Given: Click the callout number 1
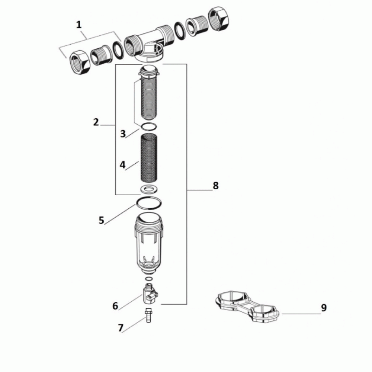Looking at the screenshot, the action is pyautogui.click(x=79, y=25).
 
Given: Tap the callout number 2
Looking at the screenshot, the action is pyautogui.click(x=96, y=122).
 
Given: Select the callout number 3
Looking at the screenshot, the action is pyautogui.click(x=123, y=134).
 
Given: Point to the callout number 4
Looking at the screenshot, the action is pyautogui.click(x=122, y=165).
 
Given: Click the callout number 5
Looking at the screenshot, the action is pyautogui.click(x=101, y=220).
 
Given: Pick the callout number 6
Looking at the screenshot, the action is pyautogui.click(x=115, y=306).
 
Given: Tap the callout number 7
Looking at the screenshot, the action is pyautogui.click(x=121, y=328).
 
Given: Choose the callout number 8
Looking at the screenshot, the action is pyautogui.click(x=215, y=186).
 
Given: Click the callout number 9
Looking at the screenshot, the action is pyautogui.click(x=324, y=308).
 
